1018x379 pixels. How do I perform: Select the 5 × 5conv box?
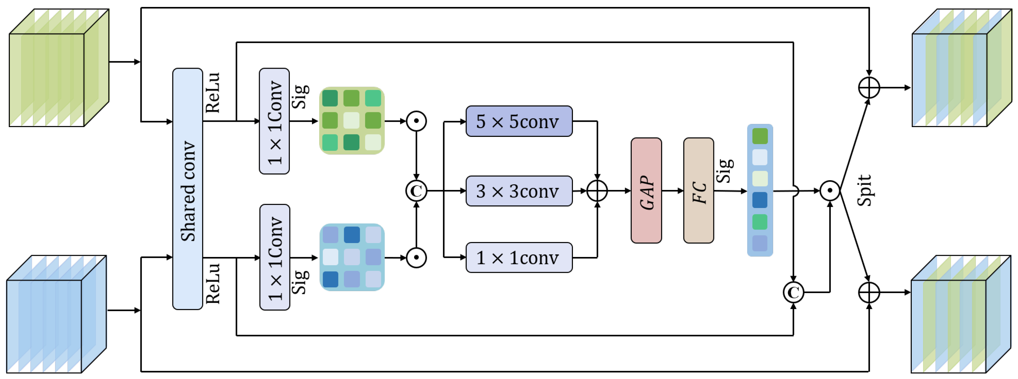coord(518,121)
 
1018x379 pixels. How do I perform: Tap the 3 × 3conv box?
coord(518,191)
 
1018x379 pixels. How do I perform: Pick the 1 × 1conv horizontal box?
coord(518,257)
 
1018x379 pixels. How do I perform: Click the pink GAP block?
coord(646,190)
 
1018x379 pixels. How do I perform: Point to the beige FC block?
coord(698,190)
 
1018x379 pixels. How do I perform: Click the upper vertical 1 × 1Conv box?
coord(274,121)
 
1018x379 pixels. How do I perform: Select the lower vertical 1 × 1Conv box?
coord(275,257)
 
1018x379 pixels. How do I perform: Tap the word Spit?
coord(864,190)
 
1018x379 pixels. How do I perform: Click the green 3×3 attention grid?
coord(351,120)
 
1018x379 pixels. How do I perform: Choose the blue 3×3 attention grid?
coord(351,257)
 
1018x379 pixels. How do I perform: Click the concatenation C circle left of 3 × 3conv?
coord(416,191)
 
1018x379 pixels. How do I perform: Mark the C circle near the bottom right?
coord(793,292)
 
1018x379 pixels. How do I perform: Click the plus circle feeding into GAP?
coord(597,191)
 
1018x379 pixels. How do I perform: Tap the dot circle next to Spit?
coord(829,191)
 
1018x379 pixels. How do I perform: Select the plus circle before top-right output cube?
coord(869,88)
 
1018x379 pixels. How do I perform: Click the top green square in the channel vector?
coord(759,136)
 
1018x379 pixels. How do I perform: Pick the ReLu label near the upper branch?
coord(213,93)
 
